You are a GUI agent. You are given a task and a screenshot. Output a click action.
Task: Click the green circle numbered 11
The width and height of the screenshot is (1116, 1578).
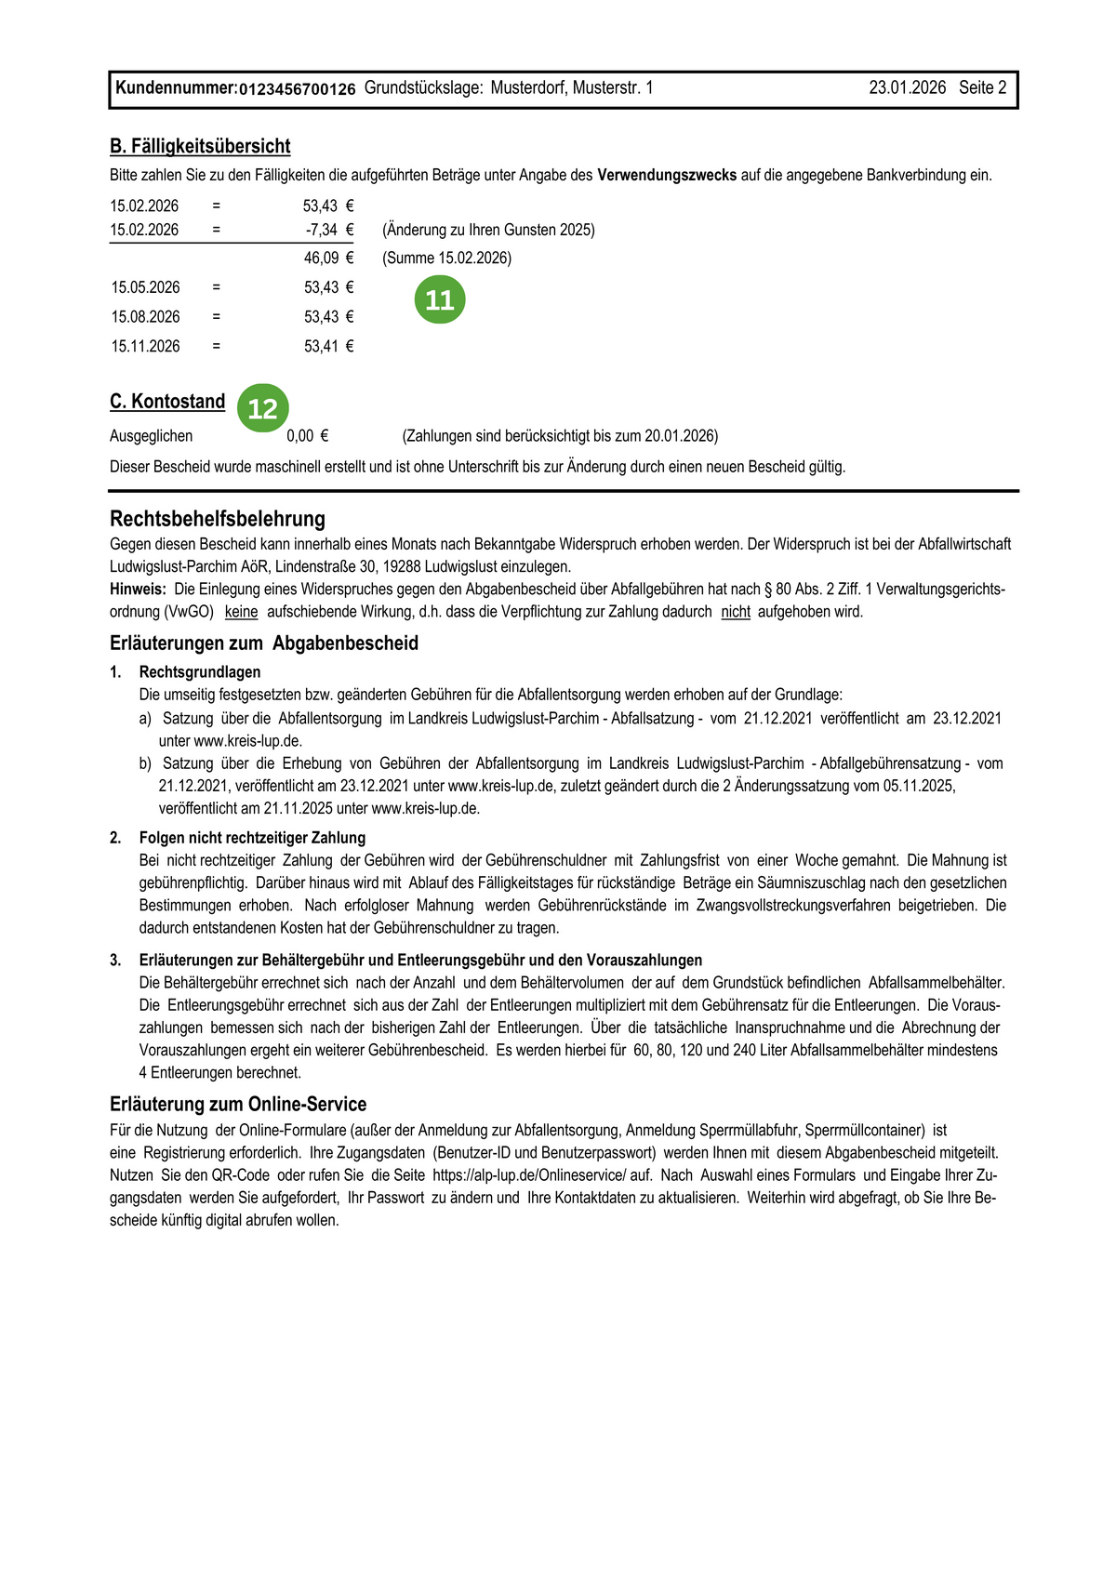(x=440, y=299)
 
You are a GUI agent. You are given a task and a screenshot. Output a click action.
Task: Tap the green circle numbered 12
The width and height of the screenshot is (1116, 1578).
(x=263, y=408)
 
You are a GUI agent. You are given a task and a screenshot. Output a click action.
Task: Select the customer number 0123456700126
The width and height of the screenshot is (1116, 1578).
(x=298, y=89)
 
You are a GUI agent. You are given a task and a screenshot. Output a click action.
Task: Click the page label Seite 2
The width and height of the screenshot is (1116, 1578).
(x=982, y=88)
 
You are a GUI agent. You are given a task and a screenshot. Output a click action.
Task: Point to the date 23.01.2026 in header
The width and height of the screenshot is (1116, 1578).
(x=907, y=88)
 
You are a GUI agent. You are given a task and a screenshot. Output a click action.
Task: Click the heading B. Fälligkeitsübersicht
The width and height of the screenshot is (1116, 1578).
(x=200, y=146)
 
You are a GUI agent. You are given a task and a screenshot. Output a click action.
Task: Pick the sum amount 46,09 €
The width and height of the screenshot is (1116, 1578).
(x=328, y=258)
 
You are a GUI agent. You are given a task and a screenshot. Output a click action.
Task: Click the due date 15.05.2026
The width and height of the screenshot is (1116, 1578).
(x=145, y=287)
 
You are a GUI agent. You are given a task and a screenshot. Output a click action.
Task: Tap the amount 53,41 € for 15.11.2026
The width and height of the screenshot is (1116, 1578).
(x=328, y=346)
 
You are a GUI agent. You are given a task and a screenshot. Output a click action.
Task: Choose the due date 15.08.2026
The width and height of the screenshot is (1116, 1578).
(x=145, y=317)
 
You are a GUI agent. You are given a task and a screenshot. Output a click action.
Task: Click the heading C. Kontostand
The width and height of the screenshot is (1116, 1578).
(x=167, y=402)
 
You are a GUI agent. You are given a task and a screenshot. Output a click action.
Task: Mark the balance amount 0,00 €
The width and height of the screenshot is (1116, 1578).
(x=307, y=436)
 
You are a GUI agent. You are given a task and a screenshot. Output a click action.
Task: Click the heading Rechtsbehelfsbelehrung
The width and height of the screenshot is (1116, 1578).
(x=218, y=519)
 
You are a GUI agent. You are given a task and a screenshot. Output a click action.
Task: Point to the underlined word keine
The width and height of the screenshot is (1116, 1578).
(x=241, y=612)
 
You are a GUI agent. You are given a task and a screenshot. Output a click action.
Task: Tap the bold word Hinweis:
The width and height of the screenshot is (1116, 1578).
(x=138, y=589)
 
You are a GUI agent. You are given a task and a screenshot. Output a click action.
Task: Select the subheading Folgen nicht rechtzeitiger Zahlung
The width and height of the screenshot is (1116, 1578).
(x=252, y=838)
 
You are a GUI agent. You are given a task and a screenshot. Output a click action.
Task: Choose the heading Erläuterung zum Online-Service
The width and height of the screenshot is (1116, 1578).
(x=238, y=1104)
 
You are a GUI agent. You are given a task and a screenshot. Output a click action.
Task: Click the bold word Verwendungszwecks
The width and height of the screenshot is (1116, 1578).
(x=667, y=175)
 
